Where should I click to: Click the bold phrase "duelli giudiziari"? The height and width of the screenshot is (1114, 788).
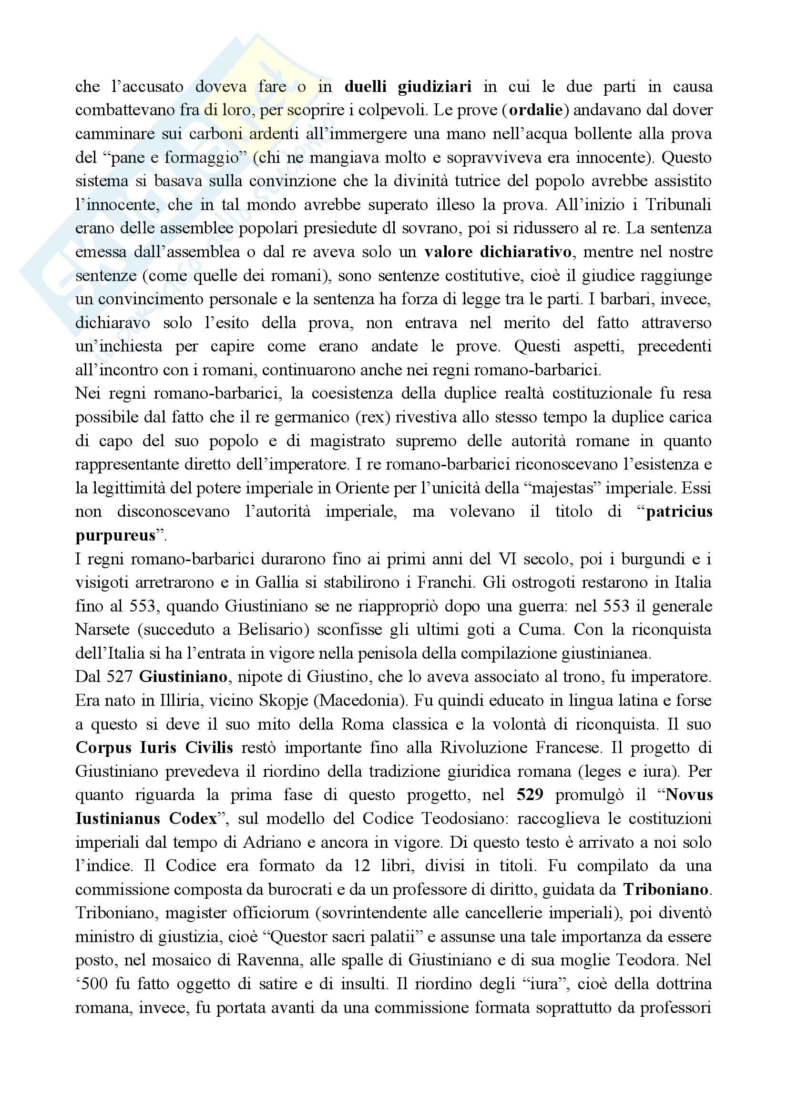click(408, 87)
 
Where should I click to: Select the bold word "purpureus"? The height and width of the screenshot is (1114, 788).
click(115, 535)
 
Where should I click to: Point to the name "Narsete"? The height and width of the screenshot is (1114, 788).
click(102, 630)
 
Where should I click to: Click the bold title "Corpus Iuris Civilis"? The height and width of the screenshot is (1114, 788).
click(154, 748)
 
